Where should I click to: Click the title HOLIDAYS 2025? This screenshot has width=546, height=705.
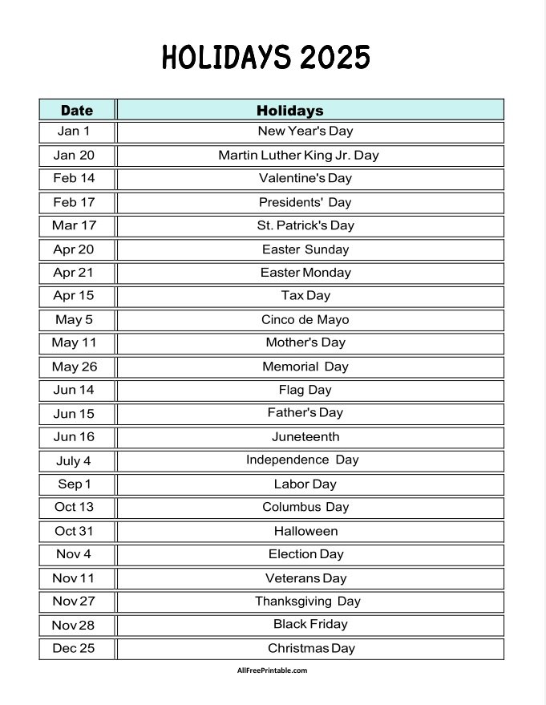click(x=266, y=58)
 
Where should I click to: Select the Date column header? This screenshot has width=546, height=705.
click(x=77, y=110)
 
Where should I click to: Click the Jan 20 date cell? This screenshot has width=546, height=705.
click(x=74, y=155)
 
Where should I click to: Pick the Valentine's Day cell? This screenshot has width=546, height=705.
click(x=305, y=178)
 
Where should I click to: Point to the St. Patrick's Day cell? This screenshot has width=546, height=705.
click(x=305, y=225)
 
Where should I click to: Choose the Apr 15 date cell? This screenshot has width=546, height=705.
click(x=74, y=295)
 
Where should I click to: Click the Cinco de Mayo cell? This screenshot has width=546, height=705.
click(x=305, y=319)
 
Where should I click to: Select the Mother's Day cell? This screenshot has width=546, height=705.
click(x=305, y=342)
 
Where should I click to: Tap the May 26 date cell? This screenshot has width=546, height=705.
click(x=75, y=367)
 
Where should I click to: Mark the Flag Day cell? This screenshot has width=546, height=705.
click(x=305, y=390)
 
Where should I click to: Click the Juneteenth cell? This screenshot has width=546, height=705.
click(x=305, y=436)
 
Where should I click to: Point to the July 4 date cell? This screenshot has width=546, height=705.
click(x=74, y=460)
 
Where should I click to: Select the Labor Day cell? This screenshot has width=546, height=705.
click(x=305, y=484)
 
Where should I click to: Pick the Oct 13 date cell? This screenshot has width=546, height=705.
click(x=74, y=507)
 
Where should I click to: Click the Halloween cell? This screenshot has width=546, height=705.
click(x=305, y=531)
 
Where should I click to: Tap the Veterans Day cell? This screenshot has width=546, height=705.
click(x=305, y=577)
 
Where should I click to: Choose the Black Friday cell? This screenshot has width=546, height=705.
click(x=310, y=624)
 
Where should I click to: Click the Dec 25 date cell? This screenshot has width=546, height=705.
click(x=74, y=648)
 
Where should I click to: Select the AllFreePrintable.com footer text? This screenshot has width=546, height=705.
click(x=272, y=671)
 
